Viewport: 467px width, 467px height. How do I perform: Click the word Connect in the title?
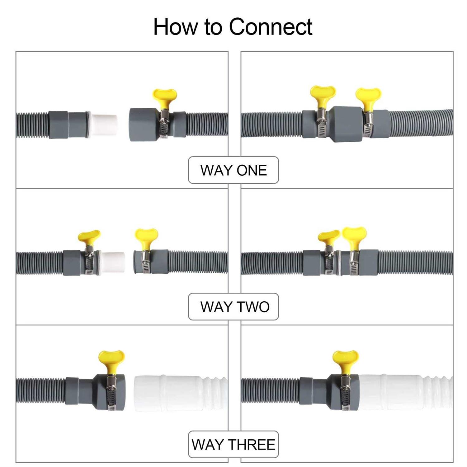click(271, 27)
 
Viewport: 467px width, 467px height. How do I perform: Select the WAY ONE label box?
click(233, 170)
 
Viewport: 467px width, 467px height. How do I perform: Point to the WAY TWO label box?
click(233, 307)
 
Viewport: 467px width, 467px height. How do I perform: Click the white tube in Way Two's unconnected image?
click(113, 262)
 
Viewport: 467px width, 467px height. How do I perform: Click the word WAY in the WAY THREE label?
click(206, 445)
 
